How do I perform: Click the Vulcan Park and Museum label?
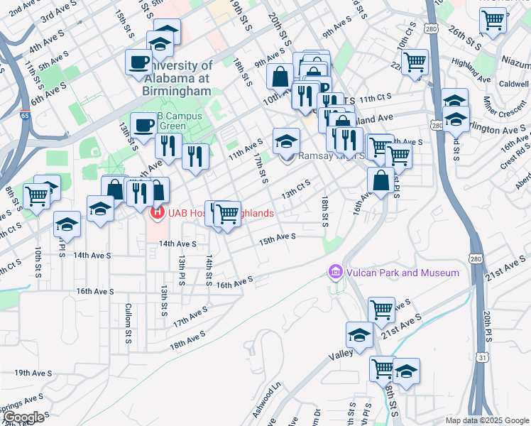point(402,273)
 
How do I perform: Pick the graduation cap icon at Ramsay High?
point(286,138)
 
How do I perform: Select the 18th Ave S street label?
point(187,339)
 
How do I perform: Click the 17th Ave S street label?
point(190,316)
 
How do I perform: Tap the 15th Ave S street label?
point(276,240)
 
